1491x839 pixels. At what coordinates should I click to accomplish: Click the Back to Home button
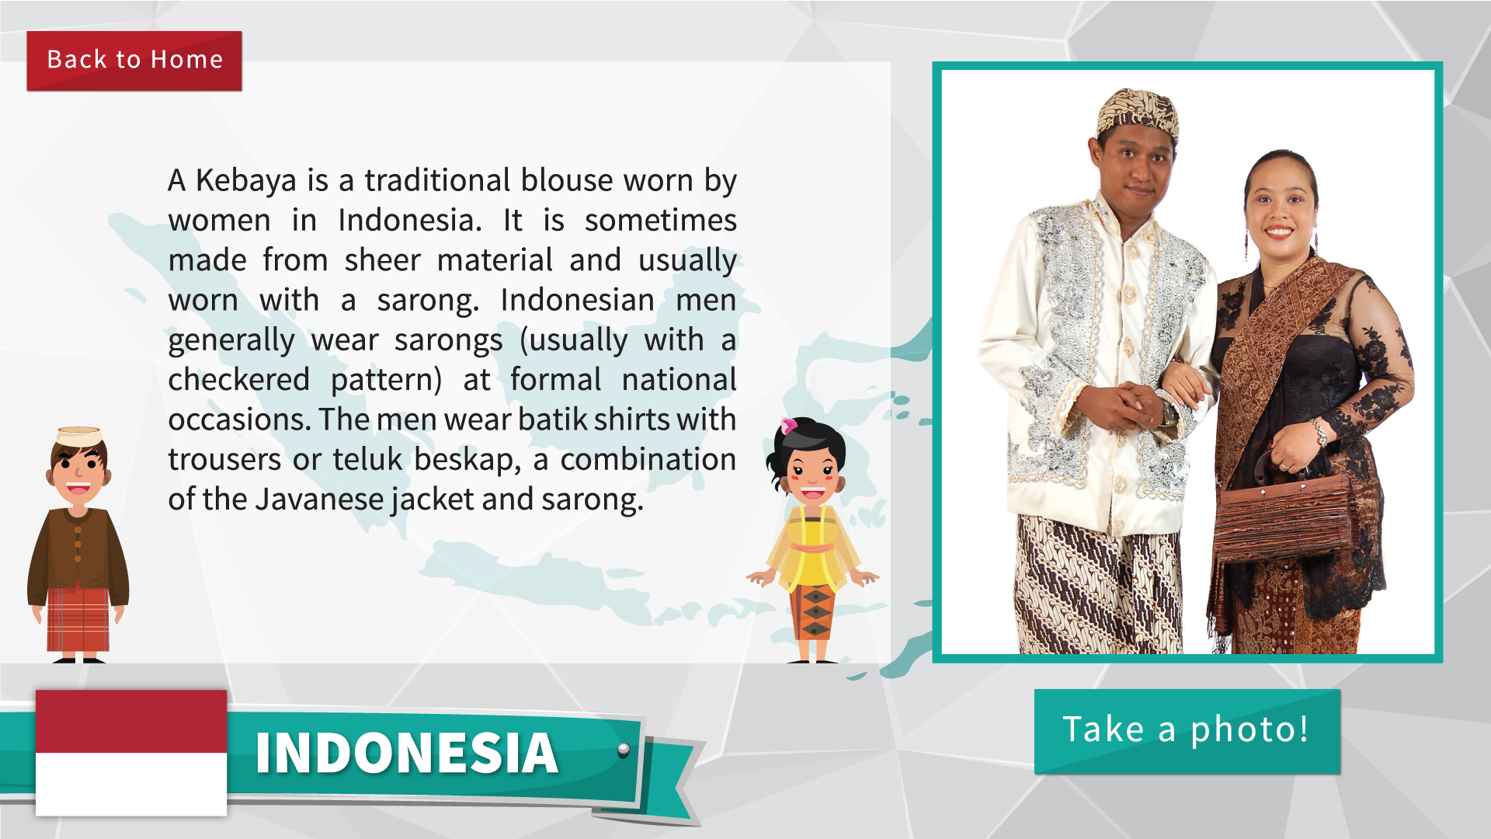coord(134,61)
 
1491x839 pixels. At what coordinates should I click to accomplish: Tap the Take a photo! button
coord(1187,731)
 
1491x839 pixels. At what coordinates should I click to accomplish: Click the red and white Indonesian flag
coord(131,752)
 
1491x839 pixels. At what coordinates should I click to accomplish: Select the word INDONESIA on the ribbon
coord(407,753)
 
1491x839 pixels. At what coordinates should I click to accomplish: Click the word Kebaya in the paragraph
coord(246,181)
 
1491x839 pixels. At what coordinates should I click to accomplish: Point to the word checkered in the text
coord(239,380)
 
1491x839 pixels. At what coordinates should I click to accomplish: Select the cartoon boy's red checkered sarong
coord(78,619)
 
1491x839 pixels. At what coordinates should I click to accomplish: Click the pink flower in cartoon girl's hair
coord(789,426)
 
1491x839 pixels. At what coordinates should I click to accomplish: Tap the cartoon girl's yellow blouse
coord(812,547)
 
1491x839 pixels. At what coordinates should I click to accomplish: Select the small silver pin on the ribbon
coord(624,750)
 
